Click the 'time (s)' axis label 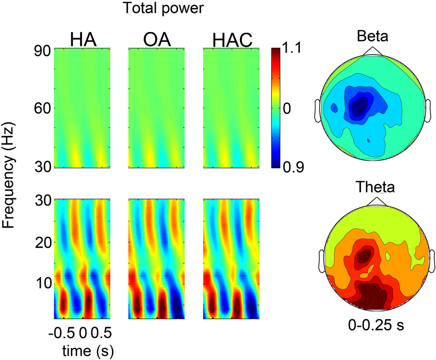tap(82, 351)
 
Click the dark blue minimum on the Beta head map tap(359, 105)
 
